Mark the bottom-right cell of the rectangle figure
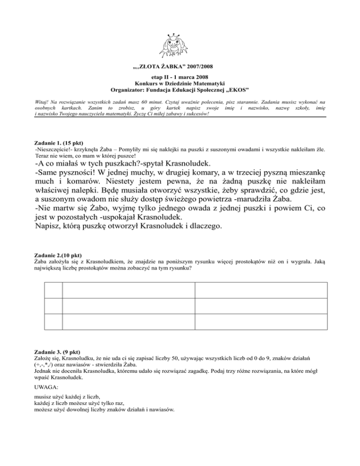(x=261, y=322)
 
